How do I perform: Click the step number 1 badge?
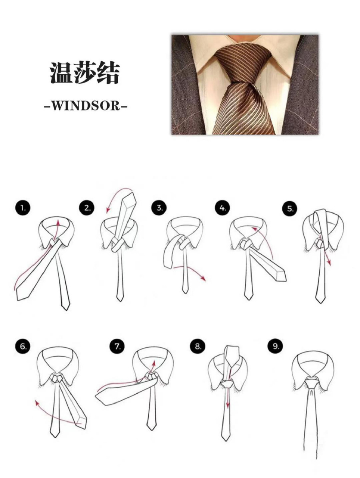click(x=23, y=208)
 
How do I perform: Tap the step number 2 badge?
click(x=87, y=208)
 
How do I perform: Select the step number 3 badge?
click(x=159, y=208)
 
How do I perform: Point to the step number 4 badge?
click(x=223, y=208)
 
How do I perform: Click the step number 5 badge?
click(x=290, y=209)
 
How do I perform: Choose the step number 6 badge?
click(x=23, y=346)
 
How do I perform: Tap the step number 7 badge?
click(x=117, y=346)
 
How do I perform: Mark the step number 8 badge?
click(x=198, y=346)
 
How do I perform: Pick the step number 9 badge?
click(x=276, y=346)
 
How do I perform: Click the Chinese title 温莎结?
click(x=85, y=74)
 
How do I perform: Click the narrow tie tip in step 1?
click(x=66, y=307)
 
